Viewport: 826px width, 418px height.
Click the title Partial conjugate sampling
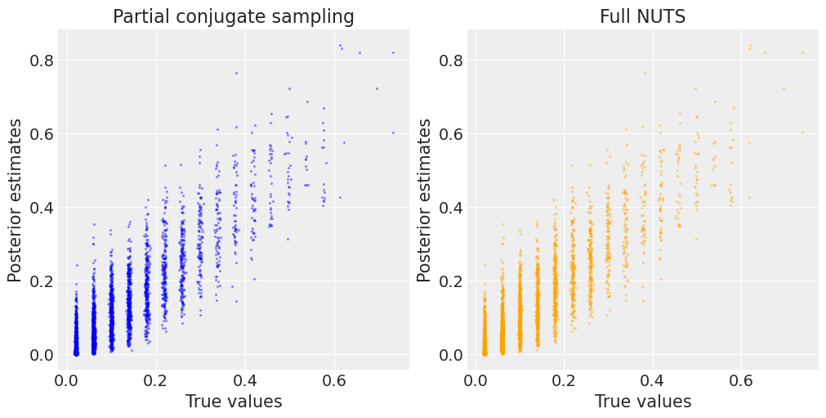pos(233,16)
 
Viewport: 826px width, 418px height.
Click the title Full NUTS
pos(642,16)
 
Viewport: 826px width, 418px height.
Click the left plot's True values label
pos(234,402)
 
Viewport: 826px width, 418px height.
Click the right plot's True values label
pos(643,402)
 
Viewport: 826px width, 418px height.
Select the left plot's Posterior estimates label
pos(16,200)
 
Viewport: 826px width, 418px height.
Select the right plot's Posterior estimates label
pos(425,200)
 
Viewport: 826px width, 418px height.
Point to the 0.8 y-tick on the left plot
pos(42,60)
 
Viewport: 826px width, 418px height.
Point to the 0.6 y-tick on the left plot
pos(42,133)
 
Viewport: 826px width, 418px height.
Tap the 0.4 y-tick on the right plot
pos(452,207)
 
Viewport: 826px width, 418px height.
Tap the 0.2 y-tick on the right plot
pos(452,281)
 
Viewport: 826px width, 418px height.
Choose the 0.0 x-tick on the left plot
pos(67,380)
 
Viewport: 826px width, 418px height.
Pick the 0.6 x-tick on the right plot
pos(742,380)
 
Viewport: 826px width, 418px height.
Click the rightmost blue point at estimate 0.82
pos(393,52)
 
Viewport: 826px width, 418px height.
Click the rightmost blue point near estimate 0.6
pos(393,133)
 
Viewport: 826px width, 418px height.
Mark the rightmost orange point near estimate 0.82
pos(802,52)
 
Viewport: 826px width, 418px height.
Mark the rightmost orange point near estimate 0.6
pos(802,133)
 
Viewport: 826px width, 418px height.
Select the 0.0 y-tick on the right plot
pos(452,354)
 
